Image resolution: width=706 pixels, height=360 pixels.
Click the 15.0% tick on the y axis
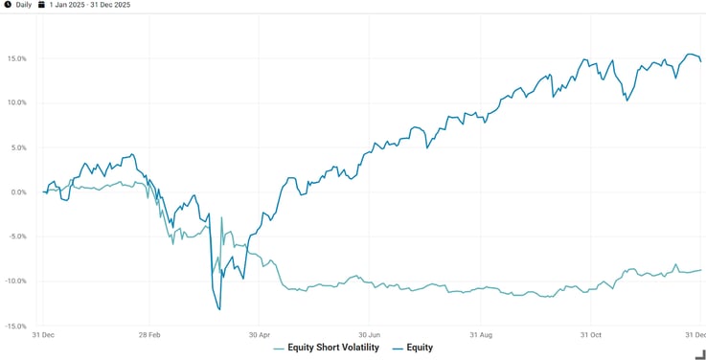pos(16,58)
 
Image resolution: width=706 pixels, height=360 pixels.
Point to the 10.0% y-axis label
pos(16,102)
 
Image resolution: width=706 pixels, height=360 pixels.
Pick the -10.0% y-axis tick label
pos(15,281)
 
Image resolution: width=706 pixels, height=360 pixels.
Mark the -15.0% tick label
pos(15,326)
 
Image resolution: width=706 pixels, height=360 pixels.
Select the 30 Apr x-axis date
pos(260,336)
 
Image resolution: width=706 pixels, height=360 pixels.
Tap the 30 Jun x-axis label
pos(370,336)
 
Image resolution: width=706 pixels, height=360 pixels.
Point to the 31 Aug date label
pos(480,336)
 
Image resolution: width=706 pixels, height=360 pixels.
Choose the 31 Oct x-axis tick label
pos(591,336)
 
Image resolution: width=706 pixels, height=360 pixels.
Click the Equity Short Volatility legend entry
pos(331,348)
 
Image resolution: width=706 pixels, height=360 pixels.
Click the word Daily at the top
pos(24,5)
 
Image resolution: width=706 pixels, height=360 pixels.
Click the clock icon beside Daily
pos(8,5)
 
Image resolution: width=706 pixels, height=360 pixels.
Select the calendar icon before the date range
pos(42,5)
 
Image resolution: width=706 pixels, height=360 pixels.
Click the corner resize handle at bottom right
pos(699,353)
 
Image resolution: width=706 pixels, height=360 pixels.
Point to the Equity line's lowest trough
pos(219,309)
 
